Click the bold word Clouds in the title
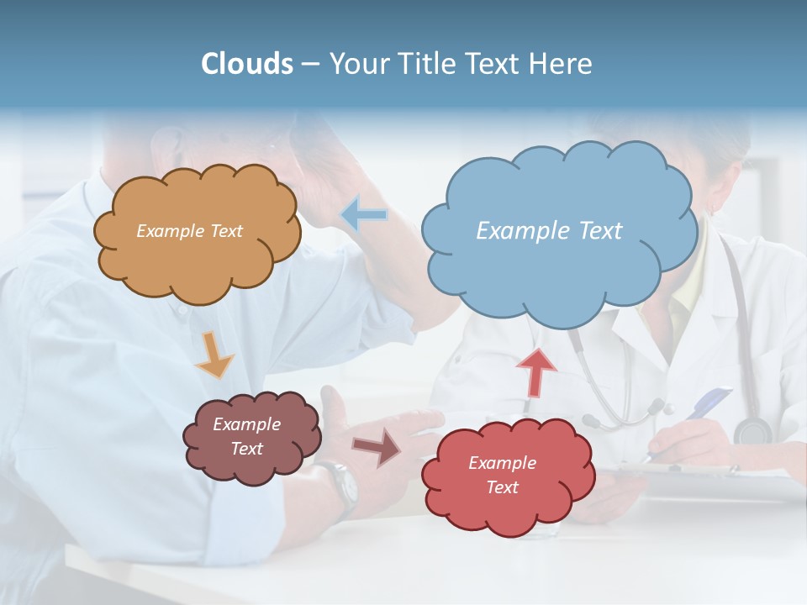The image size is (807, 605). (247, 64)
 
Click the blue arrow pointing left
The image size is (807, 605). (364, 215)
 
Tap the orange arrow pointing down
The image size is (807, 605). (215, 353)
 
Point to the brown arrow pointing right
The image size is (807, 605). (377, 448)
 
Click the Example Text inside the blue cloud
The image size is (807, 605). (549, 230)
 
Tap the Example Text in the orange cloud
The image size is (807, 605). (189, 231)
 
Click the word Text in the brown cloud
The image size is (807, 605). (247, 449)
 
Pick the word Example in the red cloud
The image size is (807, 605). (502, 463)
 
